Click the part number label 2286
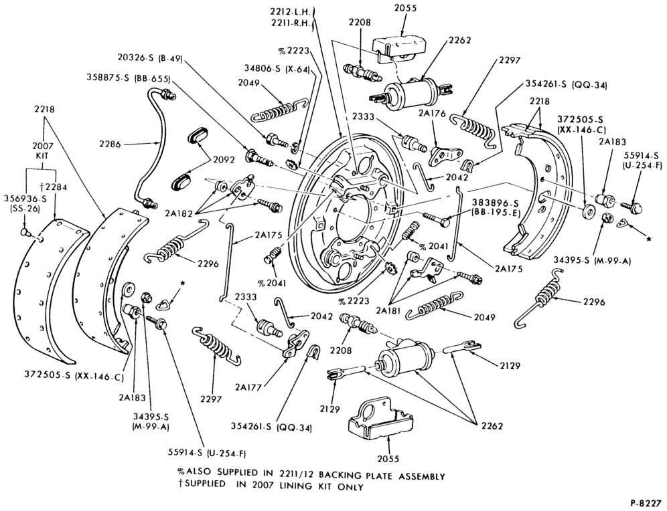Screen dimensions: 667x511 point(110,144)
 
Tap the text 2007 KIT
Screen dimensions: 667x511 point(42,151)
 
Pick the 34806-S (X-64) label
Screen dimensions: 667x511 point(277,68)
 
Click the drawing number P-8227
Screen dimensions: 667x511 point(646,504)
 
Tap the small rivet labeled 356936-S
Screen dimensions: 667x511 point(25,232)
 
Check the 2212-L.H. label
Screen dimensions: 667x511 point(292,11)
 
